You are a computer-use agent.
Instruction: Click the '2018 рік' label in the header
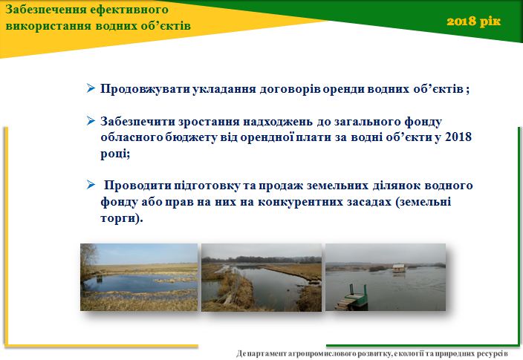point(474,22)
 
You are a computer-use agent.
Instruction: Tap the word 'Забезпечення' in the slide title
point(46,10)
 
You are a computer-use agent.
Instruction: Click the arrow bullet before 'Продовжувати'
point(91,88)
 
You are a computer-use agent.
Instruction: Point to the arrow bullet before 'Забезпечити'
point(91,121)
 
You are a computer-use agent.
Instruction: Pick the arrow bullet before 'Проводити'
point(91,185)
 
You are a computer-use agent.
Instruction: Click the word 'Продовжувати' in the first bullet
point(146,89)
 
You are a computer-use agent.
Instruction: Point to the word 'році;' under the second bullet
point(115,154)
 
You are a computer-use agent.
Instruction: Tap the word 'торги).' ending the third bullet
point(121,218)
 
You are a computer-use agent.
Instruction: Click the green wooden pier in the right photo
point(352,297)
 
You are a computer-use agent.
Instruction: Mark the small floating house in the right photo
point(399,268)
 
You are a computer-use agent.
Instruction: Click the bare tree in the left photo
point(88,258)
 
